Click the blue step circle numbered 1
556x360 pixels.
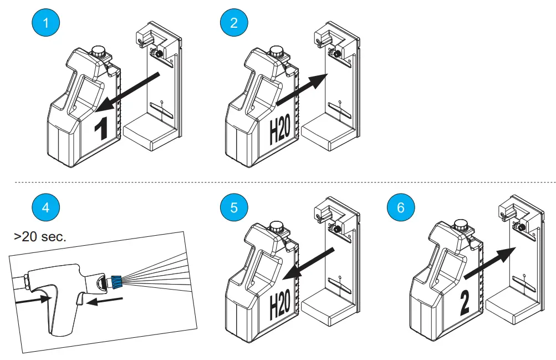tap(45, 23)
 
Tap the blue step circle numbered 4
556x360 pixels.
tap(45, 207)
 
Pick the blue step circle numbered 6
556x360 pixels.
tap(401, 207)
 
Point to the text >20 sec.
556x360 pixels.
tap(40, 237)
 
